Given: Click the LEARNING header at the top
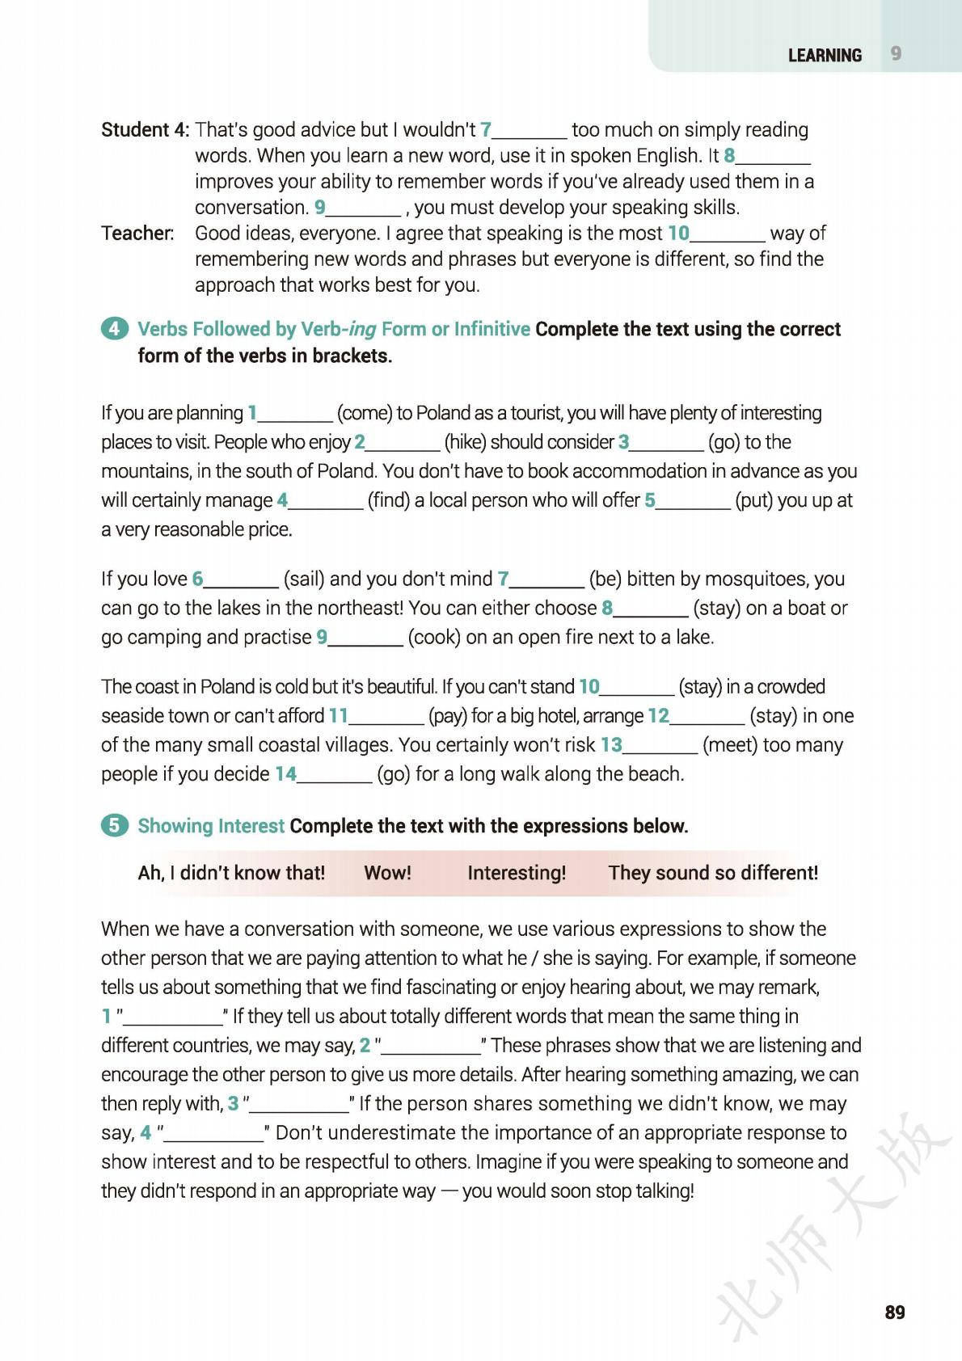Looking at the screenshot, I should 825,55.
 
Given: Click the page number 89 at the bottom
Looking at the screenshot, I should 895,1313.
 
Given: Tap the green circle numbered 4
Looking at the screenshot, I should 115,329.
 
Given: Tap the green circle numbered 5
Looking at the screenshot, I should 115,825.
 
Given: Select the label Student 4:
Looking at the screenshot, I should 146,129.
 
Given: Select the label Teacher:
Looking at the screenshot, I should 137,233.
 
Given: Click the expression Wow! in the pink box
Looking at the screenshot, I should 387,873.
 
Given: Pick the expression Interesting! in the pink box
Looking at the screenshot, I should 517,873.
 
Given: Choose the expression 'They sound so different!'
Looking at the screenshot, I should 713,873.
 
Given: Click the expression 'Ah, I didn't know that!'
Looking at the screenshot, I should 231,873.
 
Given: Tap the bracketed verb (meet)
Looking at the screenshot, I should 730,744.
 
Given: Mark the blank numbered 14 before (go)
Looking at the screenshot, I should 333,776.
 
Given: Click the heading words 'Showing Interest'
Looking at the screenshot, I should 211,825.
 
